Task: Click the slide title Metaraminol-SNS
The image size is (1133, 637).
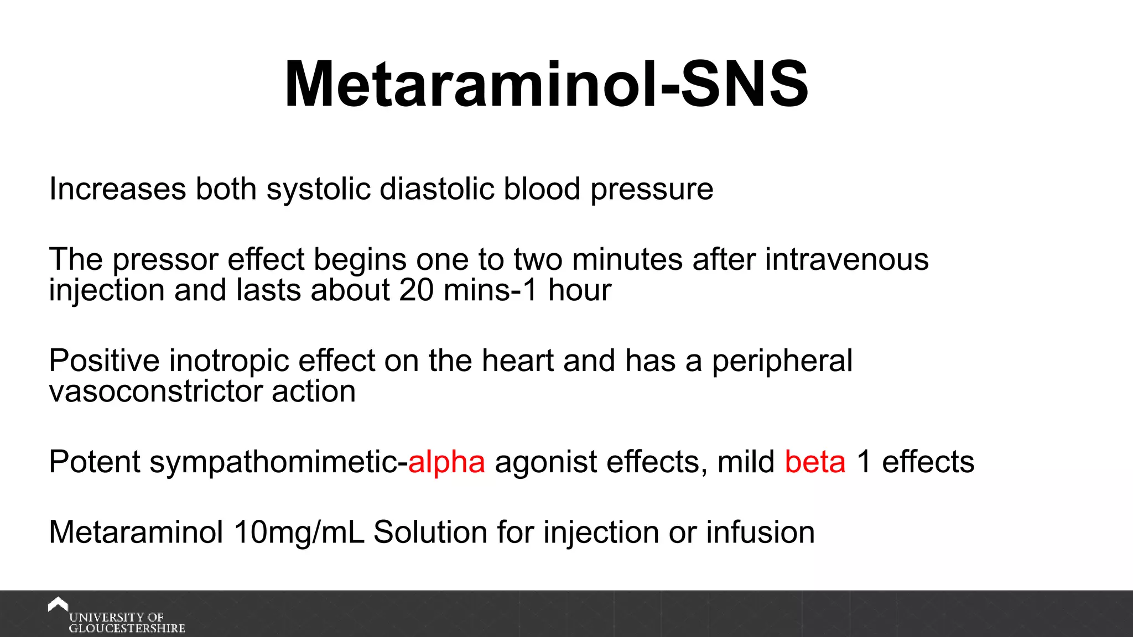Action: pos(547,85)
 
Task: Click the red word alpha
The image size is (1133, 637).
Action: pos(446,462)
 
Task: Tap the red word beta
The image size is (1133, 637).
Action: pos(815,462)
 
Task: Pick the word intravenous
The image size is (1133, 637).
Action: pos(846,259)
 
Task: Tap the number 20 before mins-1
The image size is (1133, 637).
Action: pos(416,290)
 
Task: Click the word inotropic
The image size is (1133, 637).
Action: pos(229,361)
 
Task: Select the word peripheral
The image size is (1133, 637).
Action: pos(782,361)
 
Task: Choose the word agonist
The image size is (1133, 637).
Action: pos(545,462)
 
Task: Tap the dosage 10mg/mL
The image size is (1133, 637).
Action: pos(299,532)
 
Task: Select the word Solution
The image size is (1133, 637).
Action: pos(430,532)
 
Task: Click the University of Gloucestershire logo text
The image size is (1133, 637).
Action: pos(126,623)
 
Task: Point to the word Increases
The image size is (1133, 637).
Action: pos(117,189)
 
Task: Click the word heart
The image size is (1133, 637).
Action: pos(517,361)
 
